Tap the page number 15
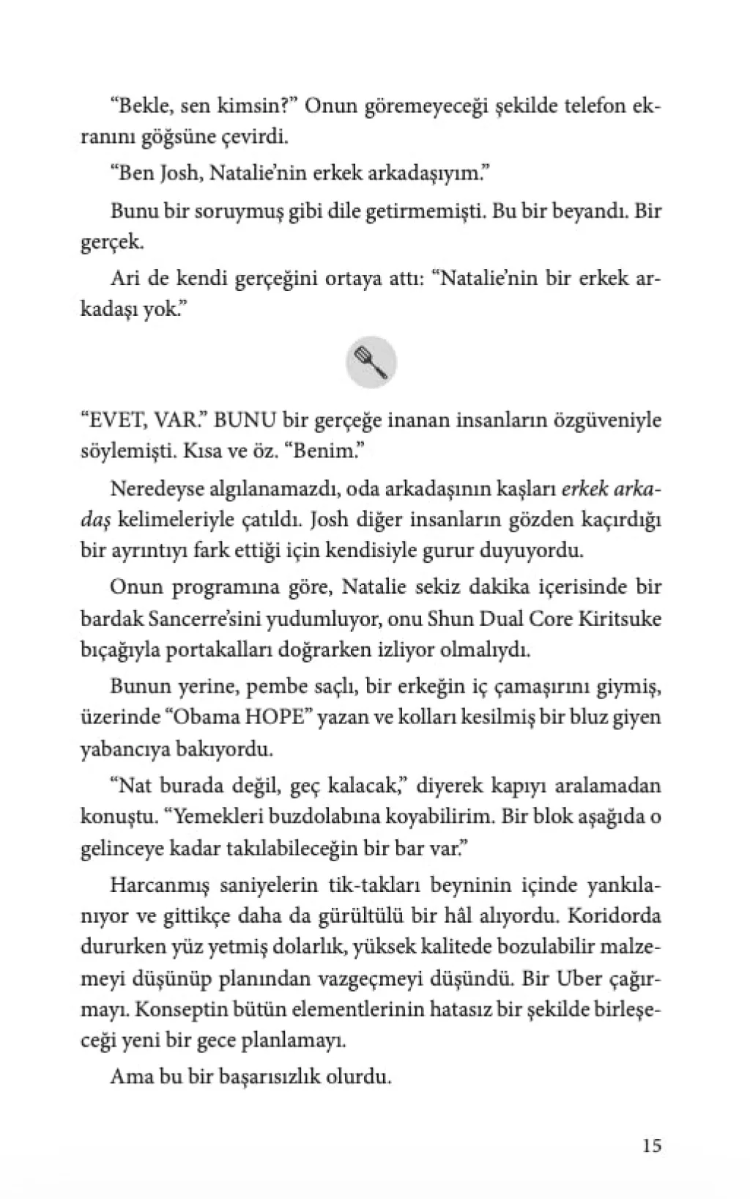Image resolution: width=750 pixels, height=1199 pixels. click(651, 1144)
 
